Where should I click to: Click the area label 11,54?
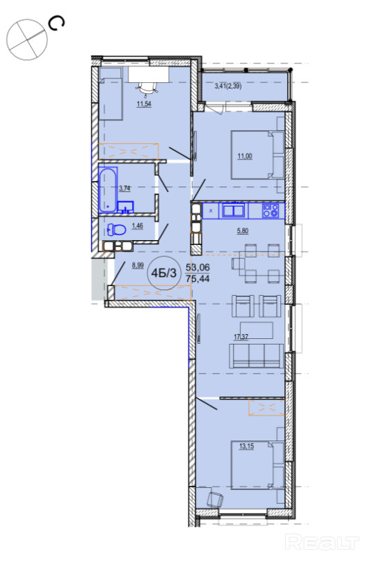point(144,104)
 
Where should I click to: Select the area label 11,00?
point(245,157)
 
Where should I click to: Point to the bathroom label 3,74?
point(124,189)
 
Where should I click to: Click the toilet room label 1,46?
point(138,225)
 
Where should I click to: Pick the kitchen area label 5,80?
point(243,231)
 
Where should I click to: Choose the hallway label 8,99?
point(138,265)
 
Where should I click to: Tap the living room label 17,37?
point(241,337)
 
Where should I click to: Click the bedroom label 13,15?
point(246,446)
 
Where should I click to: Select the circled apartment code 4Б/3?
point(166,273)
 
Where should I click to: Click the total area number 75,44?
point(197,279)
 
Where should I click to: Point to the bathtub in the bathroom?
point(108,190)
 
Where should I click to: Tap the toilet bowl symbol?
point(116,230)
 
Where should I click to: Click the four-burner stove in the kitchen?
point(271,210)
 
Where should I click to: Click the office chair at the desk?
point(147,88)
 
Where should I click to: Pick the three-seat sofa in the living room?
point(256,356)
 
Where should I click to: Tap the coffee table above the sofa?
point(256,330)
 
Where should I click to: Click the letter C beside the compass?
point(58,24)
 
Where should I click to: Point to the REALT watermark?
point(322,542)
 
